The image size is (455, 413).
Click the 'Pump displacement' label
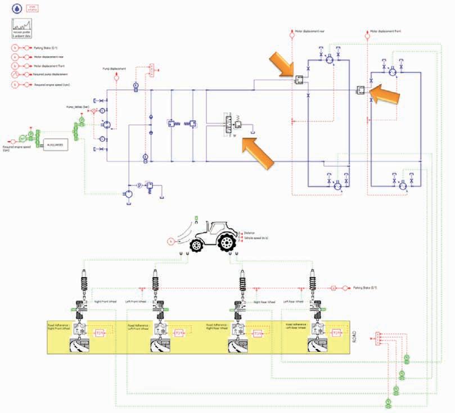tap(114, 69)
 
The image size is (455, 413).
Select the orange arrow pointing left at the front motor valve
tap(388, 94)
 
